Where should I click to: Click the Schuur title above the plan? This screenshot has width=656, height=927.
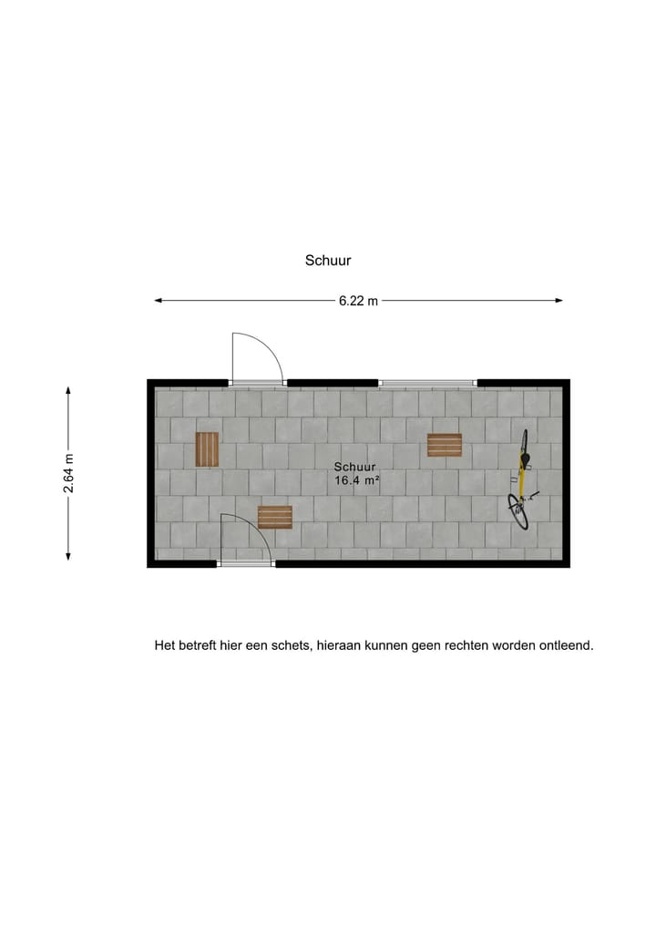[328, 261]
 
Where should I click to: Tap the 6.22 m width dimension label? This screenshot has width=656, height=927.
[358, 301]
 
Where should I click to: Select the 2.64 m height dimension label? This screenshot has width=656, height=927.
[69, 473]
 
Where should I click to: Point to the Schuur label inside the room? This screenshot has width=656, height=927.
[354, 467]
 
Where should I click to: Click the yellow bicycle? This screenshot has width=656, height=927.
[521, 480]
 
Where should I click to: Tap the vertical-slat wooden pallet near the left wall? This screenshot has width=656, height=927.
[207, 448]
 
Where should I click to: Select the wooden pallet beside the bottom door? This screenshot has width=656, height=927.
[274, 517]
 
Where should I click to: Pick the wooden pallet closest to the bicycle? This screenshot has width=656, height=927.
[445, 445]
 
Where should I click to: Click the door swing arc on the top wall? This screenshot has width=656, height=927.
[258, 357]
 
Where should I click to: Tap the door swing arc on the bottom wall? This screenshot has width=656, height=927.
[245, 538]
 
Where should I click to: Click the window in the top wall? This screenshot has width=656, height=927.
[427, 383]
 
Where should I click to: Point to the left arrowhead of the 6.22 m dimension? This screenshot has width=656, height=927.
[158, 300]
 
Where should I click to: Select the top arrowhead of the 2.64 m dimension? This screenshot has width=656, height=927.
[68, 389]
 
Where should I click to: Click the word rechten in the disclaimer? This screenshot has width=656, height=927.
[464, 645]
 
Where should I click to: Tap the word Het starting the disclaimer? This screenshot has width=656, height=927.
[165, 645]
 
